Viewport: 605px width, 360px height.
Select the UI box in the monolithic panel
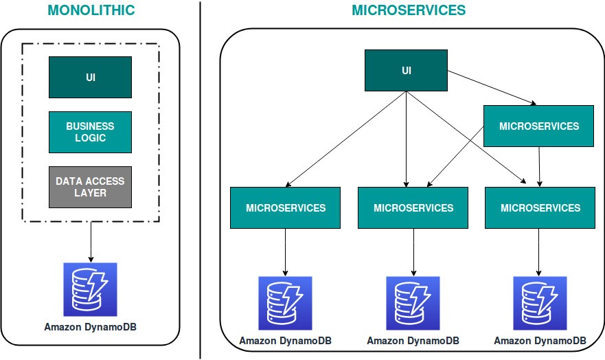tap(90, 77)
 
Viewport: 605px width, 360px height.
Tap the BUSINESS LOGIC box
tap(90, 132)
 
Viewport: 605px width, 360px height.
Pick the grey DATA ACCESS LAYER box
tap(90, 187)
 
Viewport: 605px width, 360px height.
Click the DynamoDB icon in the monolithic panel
tap(90, 289)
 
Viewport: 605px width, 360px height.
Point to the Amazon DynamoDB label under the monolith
tap(90, 327)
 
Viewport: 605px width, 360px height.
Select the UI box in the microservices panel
tap(406, 71)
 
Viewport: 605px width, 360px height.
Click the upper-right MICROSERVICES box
tap(538, 126)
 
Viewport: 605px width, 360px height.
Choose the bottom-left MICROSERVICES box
tap(285, 207)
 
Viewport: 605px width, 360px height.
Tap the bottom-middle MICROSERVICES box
tap(413, 207)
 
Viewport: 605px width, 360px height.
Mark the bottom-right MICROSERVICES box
tap(541, 207)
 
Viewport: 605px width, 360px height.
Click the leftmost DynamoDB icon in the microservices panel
tap(285, 303)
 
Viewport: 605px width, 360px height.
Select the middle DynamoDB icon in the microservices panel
tap(413, 303)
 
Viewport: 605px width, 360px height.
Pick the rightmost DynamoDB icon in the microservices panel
tap(540, 303)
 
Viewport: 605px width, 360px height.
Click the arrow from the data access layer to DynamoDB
tap(90, 240)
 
